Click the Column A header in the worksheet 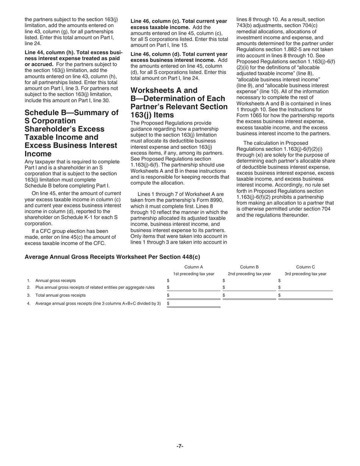(194, 267)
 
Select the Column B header (249, 267)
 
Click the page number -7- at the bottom (180, 446)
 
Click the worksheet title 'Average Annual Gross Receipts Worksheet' (112, 257)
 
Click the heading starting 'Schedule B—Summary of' (71, 113)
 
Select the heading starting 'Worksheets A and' (164, 90)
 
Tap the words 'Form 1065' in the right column (250, 116)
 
